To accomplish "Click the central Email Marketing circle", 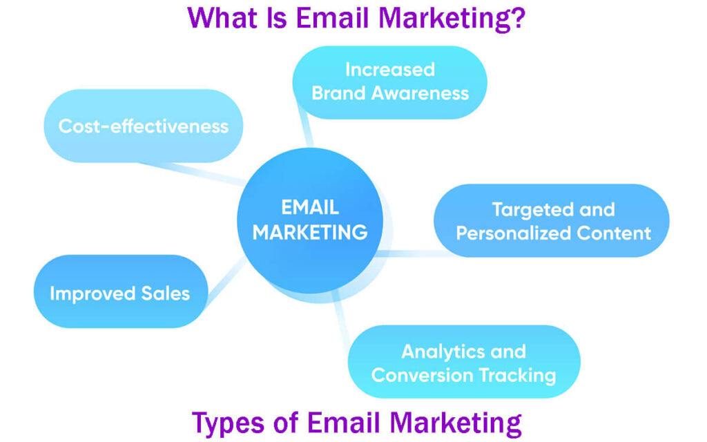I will pos(310,220).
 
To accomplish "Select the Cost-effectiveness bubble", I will pos(144,126).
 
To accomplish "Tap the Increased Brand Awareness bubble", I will pos(390,82).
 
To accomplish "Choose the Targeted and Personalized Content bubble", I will pos(552,220).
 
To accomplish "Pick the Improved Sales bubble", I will pos(120,292).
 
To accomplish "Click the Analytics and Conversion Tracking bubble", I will pos(463,363).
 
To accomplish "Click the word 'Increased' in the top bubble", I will pos(390,70).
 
